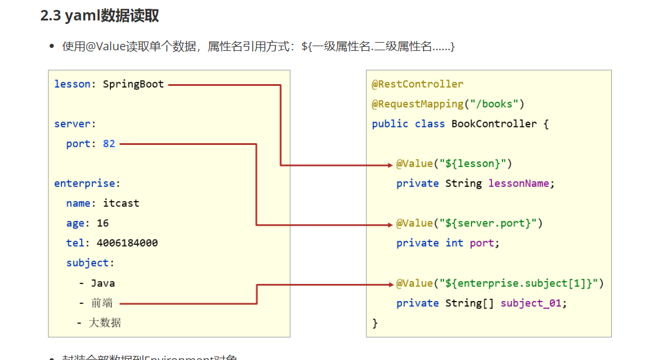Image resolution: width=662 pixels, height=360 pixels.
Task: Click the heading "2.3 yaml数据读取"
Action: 99,16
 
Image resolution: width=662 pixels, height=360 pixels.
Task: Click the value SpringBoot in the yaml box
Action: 133,84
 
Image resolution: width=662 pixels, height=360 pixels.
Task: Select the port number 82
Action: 109,144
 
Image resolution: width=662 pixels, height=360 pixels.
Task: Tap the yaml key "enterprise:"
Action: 87,184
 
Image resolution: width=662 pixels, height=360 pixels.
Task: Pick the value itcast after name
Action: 121,203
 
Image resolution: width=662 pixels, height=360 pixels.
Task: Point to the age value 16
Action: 103,223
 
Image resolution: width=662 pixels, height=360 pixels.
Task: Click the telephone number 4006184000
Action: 127,243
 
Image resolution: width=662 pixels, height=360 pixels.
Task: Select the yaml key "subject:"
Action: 91,263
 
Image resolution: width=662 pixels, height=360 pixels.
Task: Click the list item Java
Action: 103,283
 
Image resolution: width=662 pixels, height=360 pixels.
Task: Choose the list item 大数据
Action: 105,323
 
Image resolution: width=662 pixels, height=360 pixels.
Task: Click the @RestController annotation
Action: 417,84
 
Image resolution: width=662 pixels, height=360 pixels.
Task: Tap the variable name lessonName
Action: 518,184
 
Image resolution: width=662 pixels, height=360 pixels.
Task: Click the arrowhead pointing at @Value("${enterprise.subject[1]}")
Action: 390,284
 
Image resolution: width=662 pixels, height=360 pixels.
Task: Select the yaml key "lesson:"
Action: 72,84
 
